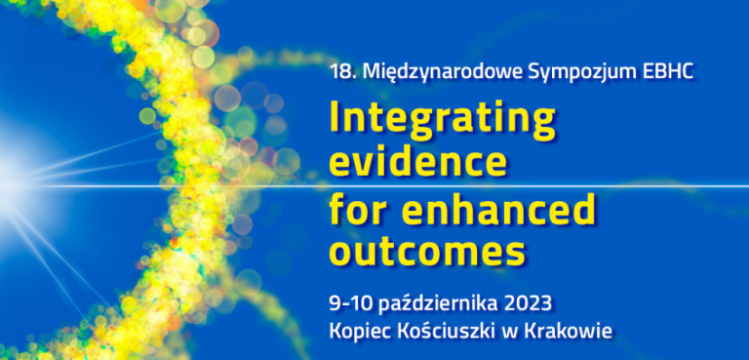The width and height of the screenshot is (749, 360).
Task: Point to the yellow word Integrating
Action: pos(442,119)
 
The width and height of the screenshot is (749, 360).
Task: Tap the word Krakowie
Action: pos(568,332)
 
